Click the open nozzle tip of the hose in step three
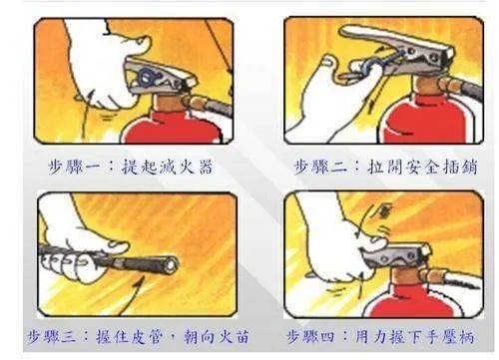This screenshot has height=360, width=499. pos(171,265)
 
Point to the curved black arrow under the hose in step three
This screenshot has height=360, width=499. pos(132,296)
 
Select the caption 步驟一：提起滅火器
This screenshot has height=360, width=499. pos(131,167)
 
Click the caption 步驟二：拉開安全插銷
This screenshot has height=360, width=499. pos(386,167)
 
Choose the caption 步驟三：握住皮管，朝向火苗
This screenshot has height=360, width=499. pos(138,337)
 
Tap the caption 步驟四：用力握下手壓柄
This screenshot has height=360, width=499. pos(380,337)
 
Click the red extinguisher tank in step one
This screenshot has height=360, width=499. pos(172,128)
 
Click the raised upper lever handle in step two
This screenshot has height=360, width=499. pos(396,41)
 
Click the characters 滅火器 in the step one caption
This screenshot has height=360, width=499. pos(187,167)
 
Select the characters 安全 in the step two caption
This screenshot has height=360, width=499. pos(421,167)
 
